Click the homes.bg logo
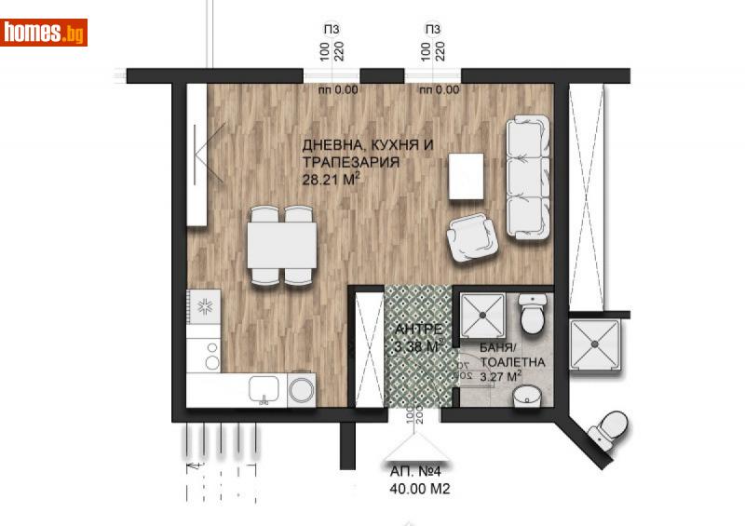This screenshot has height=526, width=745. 44,33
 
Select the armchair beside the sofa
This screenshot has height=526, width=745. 473,239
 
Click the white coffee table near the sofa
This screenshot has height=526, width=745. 466,176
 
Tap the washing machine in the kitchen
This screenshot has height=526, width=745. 302,389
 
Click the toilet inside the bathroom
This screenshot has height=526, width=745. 533,314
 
